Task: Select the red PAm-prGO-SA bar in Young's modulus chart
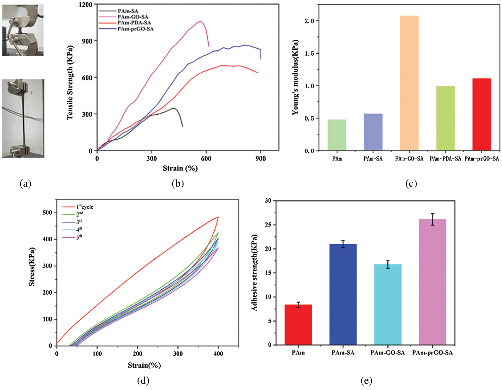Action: coord(481,114)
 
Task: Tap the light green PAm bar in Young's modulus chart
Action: coord(337,135)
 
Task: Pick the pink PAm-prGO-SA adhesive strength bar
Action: coord(432,282)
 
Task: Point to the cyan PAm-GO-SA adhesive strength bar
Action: coord(388,304)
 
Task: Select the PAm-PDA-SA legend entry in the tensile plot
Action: coord(134,23)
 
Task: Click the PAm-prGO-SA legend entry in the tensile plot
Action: coord(135,29)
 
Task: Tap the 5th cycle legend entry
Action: coord(79,237)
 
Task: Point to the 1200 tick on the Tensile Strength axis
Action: coord(85,5)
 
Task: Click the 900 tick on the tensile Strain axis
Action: coord(261,158)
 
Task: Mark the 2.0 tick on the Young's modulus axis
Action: coord(309,21)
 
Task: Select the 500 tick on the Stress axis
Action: coord(47,213)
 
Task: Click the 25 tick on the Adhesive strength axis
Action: coord(268,225)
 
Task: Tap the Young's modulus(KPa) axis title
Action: coord(295,77)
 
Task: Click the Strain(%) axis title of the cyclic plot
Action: coord(144,365)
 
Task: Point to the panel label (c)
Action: coord(411,183)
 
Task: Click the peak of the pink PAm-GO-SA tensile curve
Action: coord(200,21)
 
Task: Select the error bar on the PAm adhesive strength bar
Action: coord(298,305)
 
